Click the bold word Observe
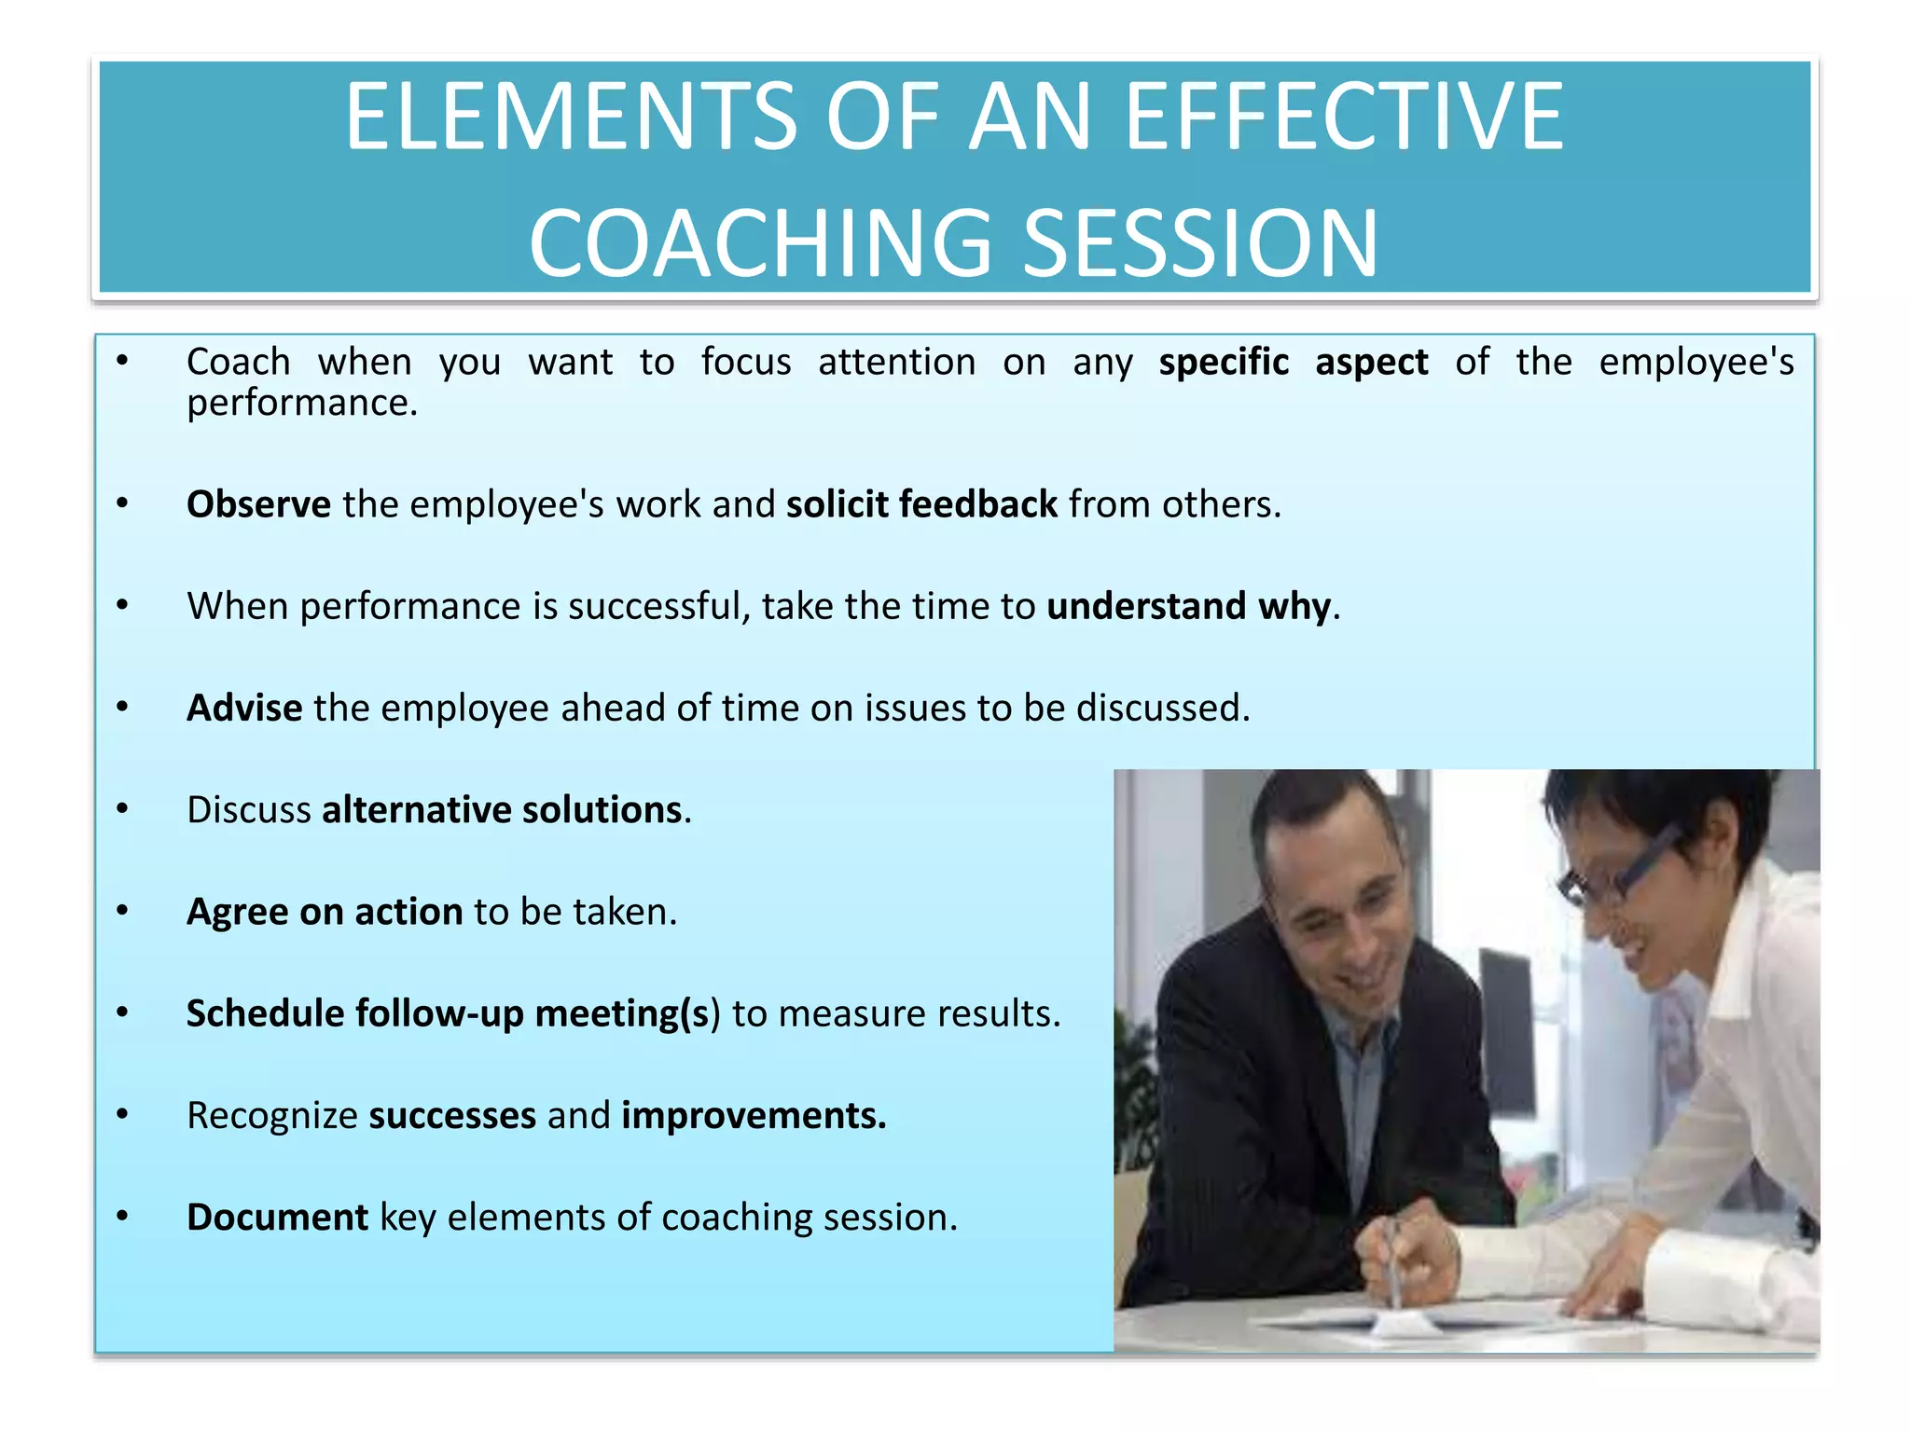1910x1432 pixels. click(x=258, y=504)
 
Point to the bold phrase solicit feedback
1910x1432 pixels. click(x=921, y=504)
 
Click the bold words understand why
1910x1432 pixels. click(x=1189, y=606)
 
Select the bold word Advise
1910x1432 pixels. click(x=244, y=708)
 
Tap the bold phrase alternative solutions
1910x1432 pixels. click(x=502, y=809)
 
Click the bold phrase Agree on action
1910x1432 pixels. click(x=325, y=912)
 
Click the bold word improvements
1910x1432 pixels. click(x=754, y=1115)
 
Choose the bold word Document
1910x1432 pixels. click(x=277, y=1217)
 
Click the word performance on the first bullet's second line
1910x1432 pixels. click(x=301, y=404)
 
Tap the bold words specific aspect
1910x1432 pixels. click(x=1293, y=362)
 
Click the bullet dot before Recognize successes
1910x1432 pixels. click(x=122, y=1114)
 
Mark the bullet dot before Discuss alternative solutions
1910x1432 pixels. click(x=122, y=808)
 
